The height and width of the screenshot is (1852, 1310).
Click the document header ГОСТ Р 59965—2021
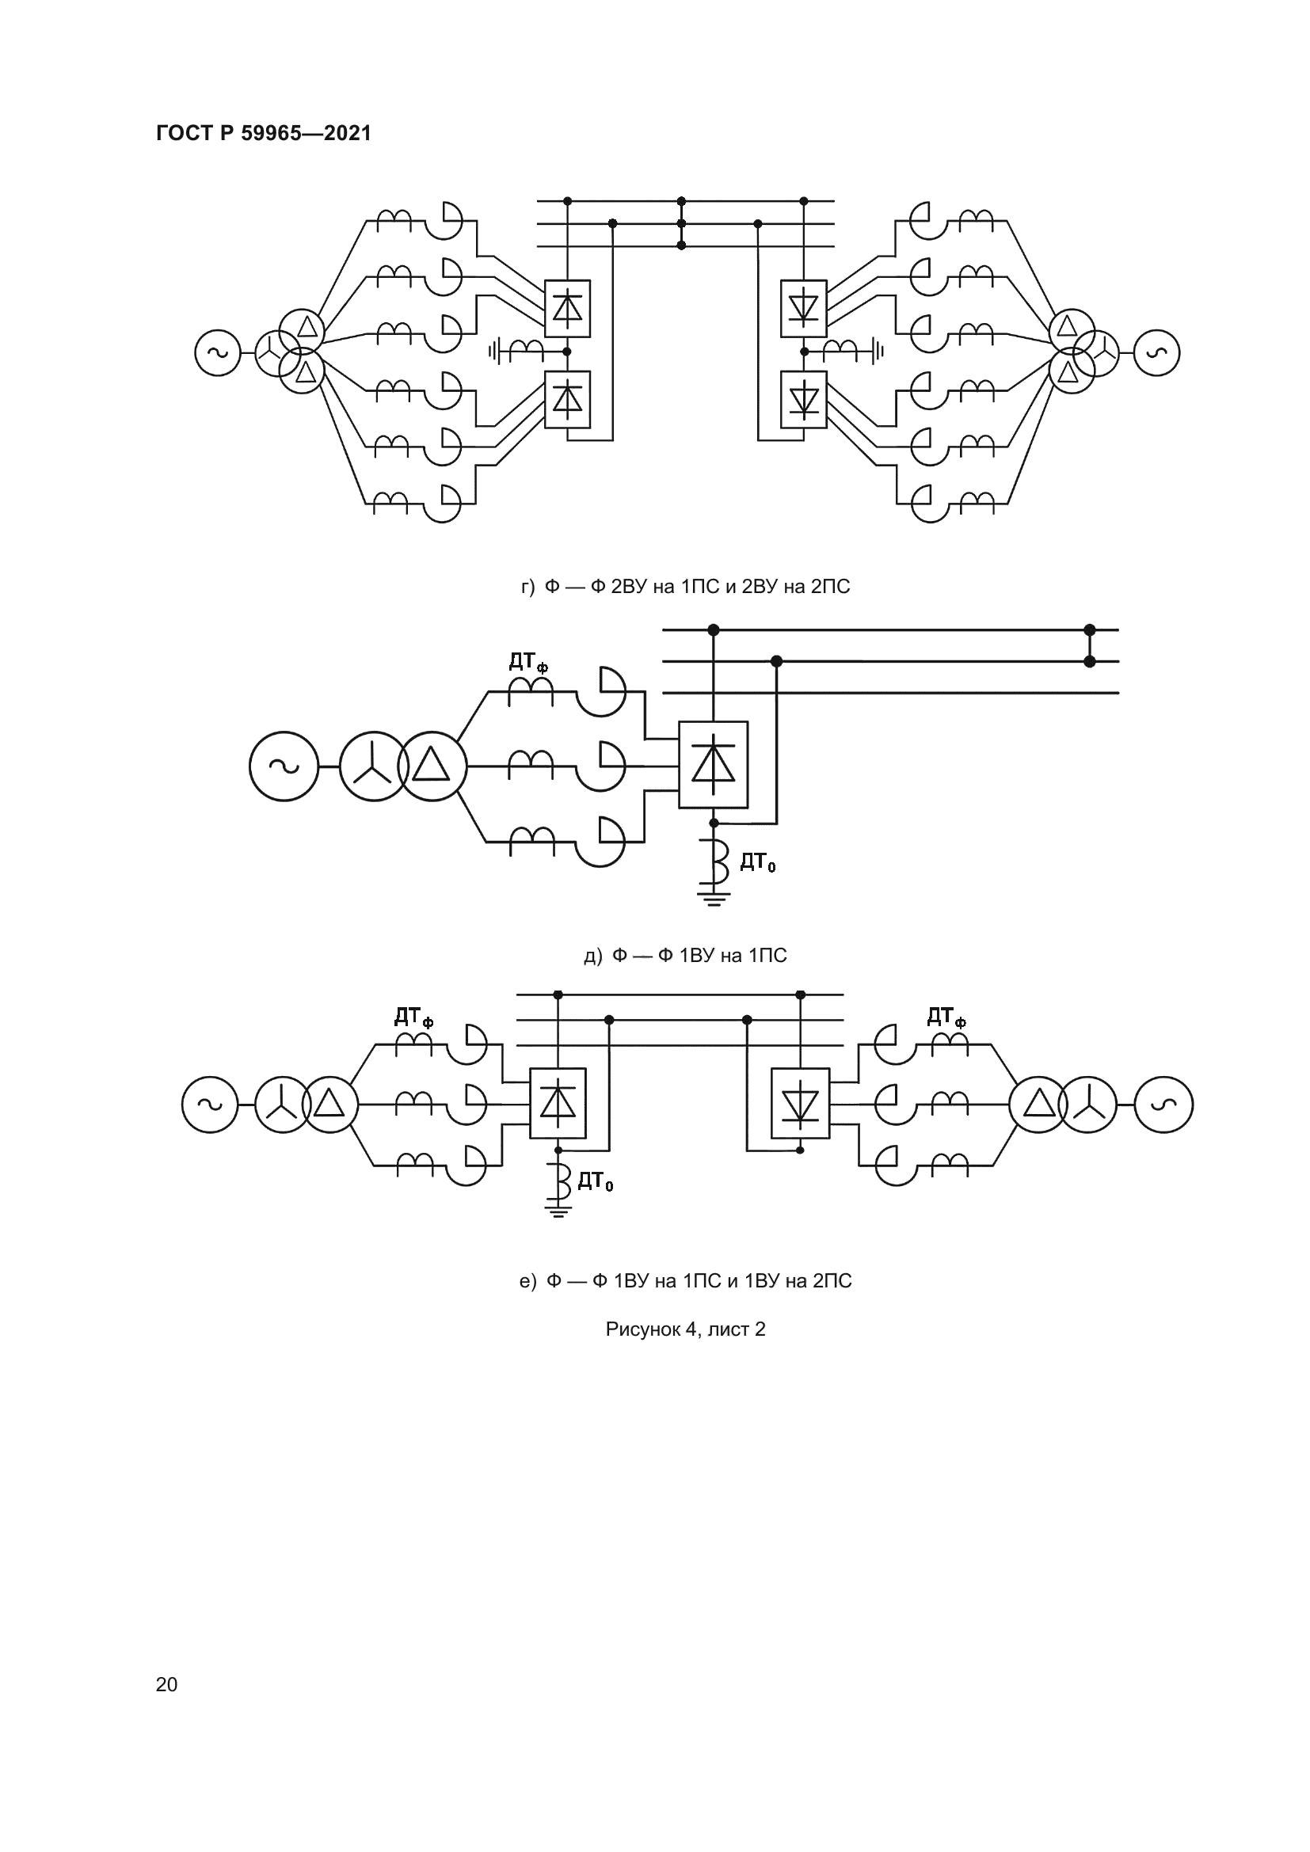click(x=264, y=133)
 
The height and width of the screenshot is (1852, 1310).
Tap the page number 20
click(x=166, y=1684)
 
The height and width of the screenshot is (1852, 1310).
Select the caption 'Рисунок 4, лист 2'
click(x=685, y=1329)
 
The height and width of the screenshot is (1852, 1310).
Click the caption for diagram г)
click(x=685, y=587)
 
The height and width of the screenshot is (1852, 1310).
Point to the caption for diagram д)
click(x=685, y=955)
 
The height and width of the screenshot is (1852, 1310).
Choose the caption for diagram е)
click(x=685, y=1280)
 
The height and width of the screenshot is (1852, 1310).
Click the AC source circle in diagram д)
click(x=284, y=766)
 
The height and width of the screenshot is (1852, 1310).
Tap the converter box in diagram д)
click(x=713, y=765)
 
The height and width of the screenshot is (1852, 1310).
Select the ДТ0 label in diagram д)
click(x=757, y=863)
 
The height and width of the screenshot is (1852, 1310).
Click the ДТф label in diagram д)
click(x=528, y=662)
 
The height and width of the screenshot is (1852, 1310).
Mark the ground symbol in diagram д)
click(x=713, y=898)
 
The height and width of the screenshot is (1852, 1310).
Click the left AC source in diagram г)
click(x=218, y=352)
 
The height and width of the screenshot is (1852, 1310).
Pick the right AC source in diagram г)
click(x=1156, y=352)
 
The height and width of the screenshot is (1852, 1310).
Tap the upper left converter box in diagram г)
click(x=567, y=308)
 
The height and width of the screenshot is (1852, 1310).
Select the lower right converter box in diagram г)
click(x=803, y=399)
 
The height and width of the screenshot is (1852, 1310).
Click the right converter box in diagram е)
click(x=800, y=1104)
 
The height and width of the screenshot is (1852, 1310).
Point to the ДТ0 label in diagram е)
click(x=596, y=1181)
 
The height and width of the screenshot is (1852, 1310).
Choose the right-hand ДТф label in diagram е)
click(x=946, y=1017)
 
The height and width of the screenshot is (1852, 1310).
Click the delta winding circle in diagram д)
click(x=432, y=766)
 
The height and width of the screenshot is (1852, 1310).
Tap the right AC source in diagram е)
click(x=1163, y=1105)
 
